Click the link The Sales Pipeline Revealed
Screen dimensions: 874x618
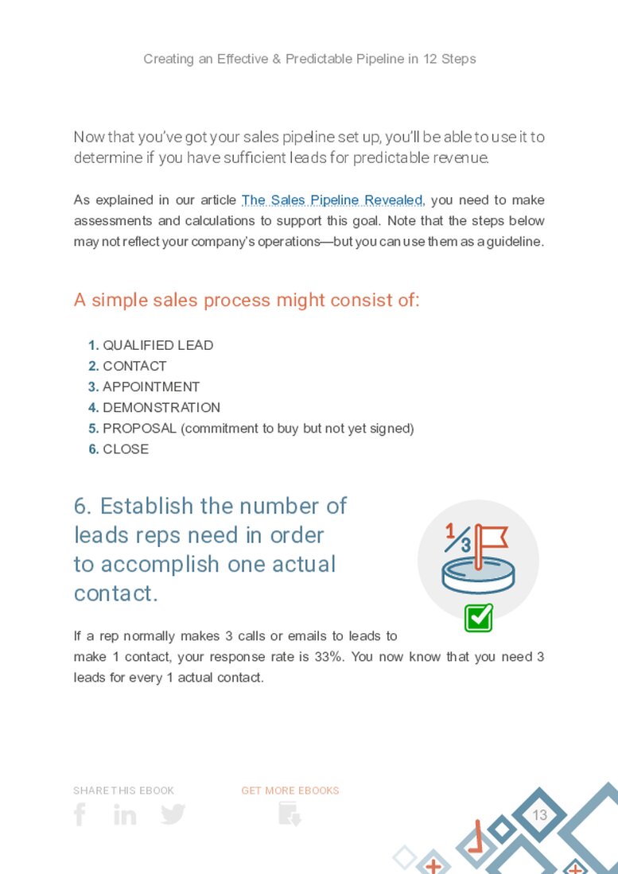click(x=332, y=200)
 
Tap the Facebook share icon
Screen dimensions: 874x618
click(x=80, y=814)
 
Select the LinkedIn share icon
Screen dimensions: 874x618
click(x=125, y=814)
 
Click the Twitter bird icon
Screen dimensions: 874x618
click(x=173, y=814)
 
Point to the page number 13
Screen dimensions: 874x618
click(x=540, y=815)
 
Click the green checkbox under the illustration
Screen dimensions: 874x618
click(x=478, y=618)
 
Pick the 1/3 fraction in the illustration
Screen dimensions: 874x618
click(x=457, y=538)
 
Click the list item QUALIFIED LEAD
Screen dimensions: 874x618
click(x=157, y=345)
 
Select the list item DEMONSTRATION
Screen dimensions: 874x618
click(x=161, y=407)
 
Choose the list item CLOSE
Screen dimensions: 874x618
click(x=126, y=449)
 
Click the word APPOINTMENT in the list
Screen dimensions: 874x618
click(x=151, y=387)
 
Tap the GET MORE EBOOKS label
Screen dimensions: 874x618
click(x=290, y=790)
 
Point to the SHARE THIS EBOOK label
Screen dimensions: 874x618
click(x=123, y=790)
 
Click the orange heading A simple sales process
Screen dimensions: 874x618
click(x=247, y=300)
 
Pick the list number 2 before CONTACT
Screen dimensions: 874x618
click(x=93, y=366)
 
